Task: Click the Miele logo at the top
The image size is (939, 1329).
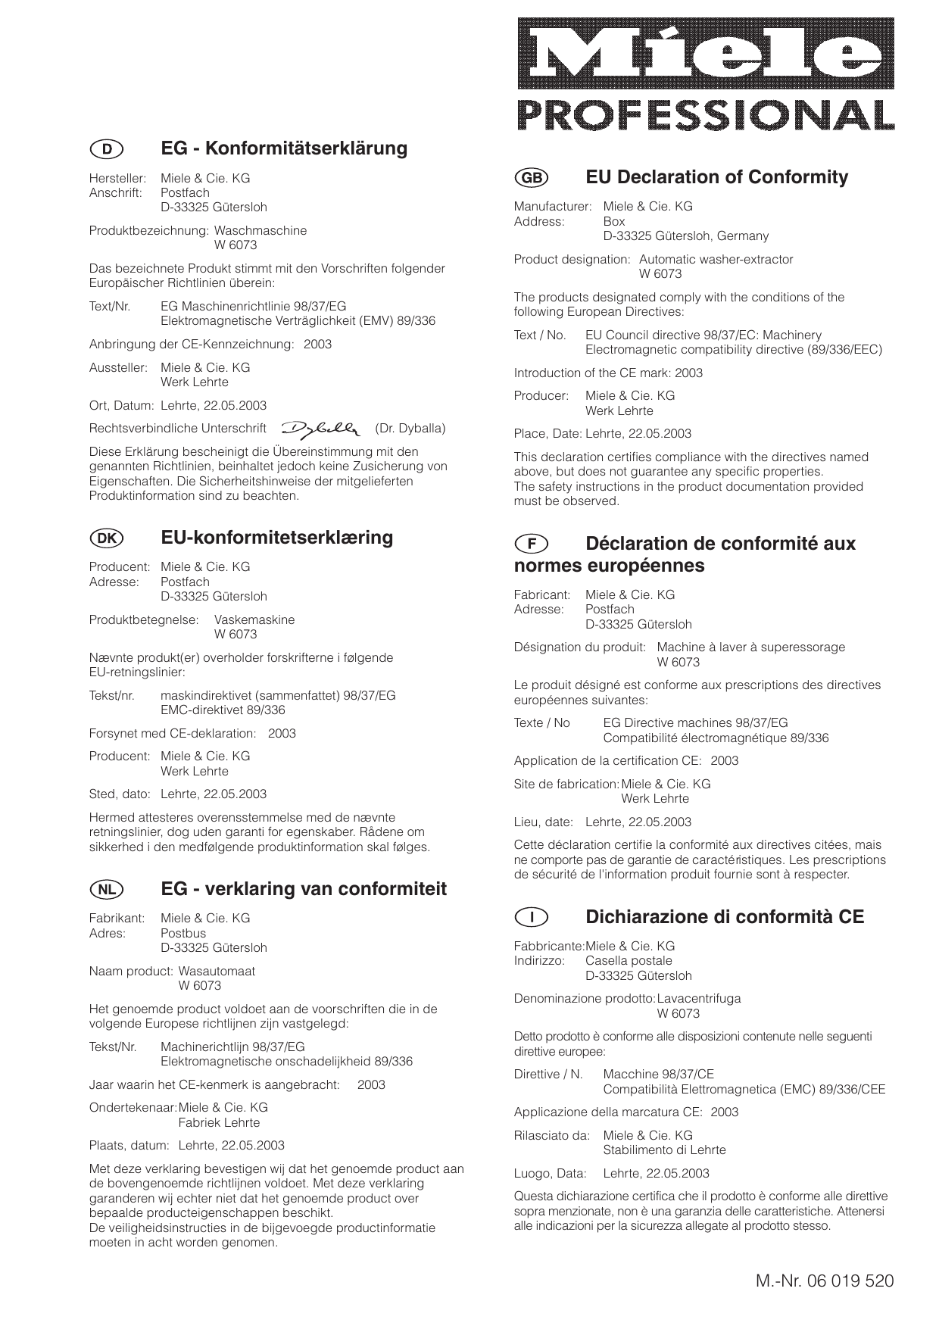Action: tap(706, 54)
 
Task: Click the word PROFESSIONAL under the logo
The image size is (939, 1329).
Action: tap(706, 115)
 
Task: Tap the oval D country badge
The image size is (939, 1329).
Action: tap(107, 149)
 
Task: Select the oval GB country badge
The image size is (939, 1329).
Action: tap(532, 178)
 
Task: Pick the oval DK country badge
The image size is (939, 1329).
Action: tap(107, 538)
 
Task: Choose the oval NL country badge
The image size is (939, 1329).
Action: tap(107, 890)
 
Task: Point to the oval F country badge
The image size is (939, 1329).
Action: tap(532, 544)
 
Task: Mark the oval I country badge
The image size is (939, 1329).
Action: tap(532, 918)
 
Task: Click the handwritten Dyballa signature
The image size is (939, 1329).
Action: tap(321, 429)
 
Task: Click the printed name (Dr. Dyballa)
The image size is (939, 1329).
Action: tap(410, 429)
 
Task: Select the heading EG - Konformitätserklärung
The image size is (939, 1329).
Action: tap(284, 148)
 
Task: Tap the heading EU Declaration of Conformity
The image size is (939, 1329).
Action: tap(716, 177)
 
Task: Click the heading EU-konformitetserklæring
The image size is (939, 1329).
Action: tap(277, 538)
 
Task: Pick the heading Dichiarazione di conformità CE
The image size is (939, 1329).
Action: tap(725, 917)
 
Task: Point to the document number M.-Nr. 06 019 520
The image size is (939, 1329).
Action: tap(824, 1281)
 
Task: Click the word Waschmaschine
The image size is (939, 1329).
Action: tap(260, 231)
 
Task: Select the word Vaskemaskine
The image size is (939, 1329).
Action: tap(254, 620)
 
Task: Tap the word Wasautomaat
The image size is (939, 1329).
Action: tap(217, 972)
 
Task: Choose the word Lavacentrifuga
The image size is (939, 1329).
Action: tap(699, 999)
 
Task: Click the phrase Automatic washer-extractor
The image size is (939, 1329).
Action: tap(716, 260)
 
